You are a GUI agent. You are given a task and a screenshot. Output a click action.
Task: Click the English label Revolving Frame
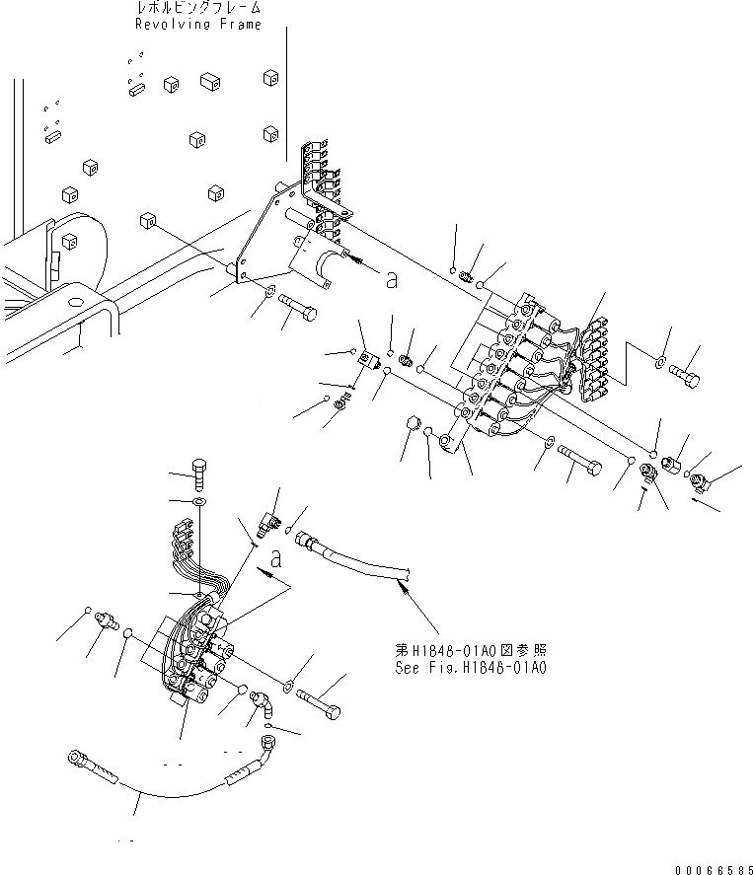click(197, 25)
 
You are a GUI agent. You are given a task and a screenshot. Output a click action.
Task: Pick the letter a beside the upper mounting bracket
click(392, 281)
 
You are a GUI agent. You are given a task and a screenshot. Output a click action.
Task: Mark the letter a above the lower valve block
click(277, 559)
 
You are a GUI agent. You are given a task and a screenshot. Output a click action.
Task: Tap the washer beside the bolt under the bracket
click(269, 291)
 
